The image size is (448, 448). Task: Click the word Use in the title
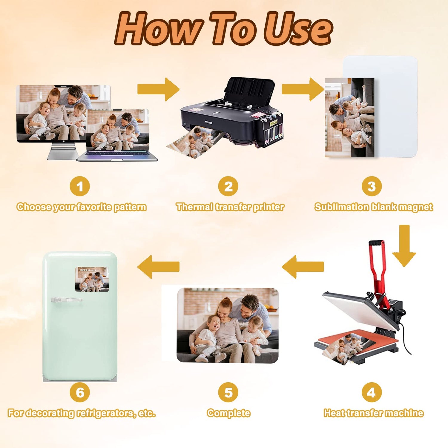pyautogui.click(x=297, y=29)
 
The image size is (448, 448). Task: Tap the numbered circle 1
pyautogui.click(x=80, y=186)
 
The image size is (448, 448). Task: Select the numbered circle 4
pyautogui.click(x=372, y=392)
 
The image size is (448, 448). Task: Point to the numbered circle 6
pyautogui.click(x=80, y=392)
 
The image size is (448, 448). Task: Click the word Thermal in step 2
pyautogui.click(x=194, y=207)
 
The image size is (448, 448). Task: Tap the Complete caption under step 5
pyautogui.click(x=228, y=413)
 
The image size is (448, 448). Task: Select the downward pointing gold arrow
pyautogui.click(x=404, y=246)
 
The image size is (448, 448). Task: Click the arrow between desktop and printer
pyautogui.click(x=158, y=89)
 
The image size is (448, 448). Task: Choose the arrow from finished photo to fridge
pyautogui.click(x=158, y=267)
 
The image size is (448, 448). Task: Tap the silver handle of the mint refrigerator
pyautogui.click(x=66, y=300)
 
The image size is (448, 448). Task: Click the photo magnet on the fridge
pyautogui.click(x=92, y=279)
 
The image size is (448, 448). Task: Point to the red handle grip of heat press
pyautogui.click(x=376, y=243)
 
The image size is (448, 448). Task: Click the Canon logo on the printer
pyautogui.click(x=209, y=122)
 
